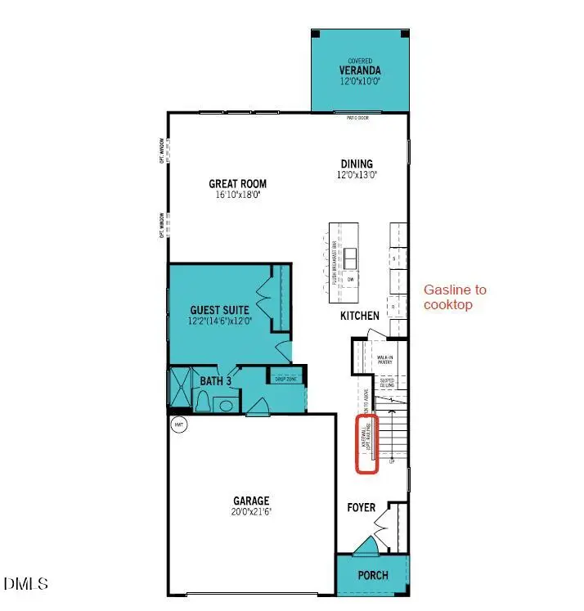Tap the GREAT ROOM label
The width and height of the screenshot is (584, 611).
pyautogui.click(x=237, y=184)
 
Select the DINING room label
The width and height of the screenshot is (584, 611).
pyautogui.click(x=357, y=164)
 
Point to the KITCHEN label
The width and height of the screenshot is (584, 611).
pyautogui.click(x=360, y=315)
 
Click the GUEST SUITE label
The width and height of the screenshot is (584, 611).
pyautogui.click(x=220, y=311)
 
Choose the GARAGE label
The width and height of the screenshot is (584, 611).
pyautogui.click(x=251, y=501)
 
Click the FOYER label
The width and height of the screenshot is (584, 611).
pyautogui.click(x=361, y=508)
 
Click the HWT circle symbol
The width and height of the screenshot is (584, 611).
pyautogui.click(x=178, y=425)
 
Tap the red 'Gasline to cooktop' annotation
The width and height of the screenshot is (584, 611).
pyautogui.click(x=454, y=297)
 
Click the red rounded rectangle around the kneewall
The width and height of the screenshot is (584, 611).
pyautogui.click(x=365, y=444)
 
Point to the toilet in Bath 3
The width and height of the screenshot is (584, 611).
pyautogui.click(x=203, y=401)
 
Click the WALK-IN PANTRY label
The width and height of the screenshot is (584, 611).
pyautogui.click(x=385, y=359)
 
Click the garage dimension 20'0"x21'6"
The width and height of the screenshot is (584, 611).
pyautogui.click(x=251, y=511)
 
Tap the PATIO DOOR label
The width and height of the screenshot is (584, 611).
pyautogui.click(x=357, y=119)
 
